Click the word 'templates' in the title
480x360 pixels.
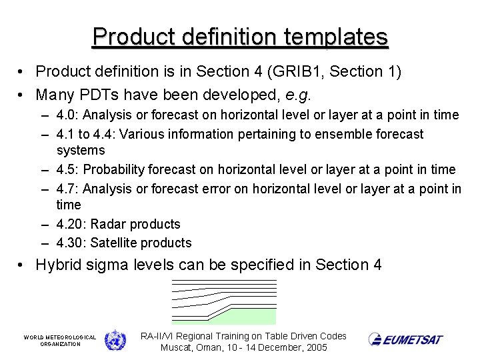click(337, 36)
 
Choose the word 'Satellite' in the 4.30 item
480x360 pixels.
click(115, 243)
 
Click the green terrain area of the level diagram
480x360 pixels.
click(253, 315)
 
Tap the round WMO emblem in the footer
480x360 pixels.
click(115, 340)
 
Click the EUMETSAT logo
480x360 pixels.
click(405, 340)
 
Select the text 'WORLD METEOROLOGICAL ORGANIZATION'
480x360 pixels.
click(60, 340)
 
